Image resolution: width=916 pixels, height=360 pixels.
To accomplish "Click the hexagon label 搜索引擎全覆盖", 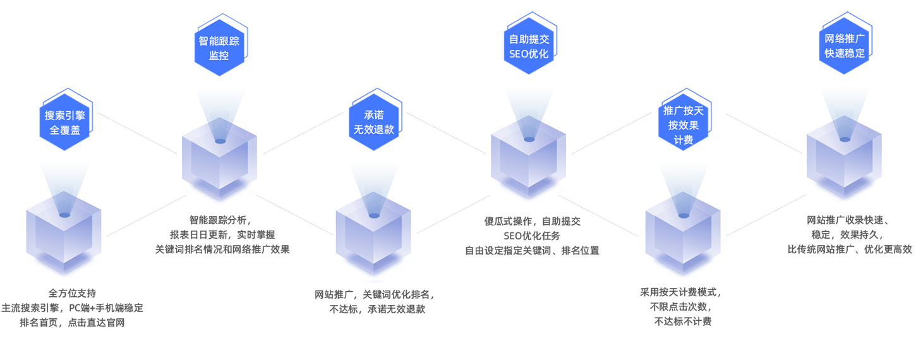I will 65,123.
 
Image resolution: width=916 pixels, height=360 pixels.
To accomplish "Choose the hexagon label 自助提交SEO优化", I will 529,47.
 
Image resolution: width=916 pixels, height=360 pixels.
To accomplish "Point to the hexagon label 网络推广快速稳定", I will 844,46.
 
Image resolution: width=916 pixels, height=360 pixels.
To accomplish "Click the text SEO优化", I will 529,54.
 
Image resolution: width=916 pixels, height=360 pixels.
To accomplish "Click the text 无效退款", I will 374,130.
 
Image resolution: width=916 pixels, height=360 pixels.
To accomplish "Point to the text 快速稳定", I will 844,54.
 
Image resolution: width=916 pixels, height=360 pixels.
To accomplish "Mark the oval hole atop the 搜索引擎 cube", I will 64,215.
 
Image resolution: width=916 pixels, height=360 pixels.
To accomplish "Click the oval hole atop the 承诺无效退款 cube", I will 374,215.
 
